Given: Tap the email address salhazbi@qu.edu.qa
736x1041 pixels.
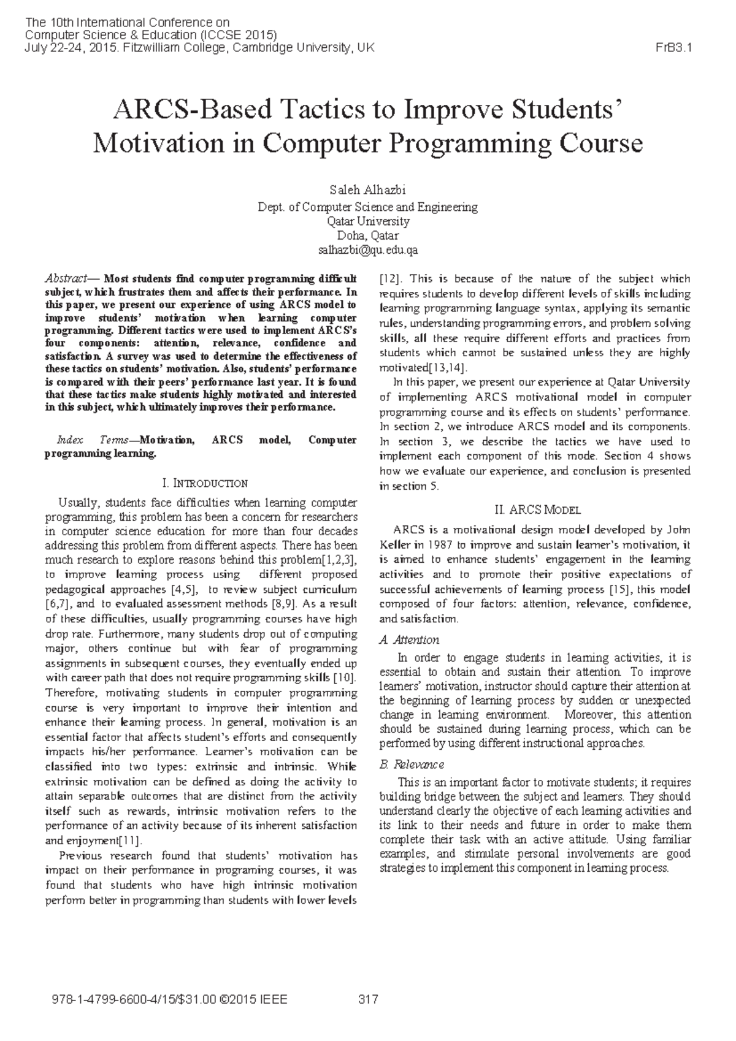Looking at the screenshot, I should point(367,250).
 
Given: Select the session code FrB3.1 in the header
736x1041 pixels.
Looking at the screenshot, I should point(674,48).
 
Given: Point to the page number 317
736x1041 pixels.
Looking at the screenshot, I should point(367,1000).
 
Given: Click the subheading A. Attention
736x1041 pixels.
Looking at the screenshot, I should point(409,639).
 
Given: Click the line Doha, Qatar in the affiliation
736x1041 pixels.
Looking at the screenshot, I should point(367,235).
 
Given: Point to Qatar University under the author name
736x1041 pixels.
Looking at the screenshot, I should point(367,221).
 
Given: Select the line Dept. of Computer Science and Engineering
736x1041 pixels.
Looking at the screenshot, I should point(367,207).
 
